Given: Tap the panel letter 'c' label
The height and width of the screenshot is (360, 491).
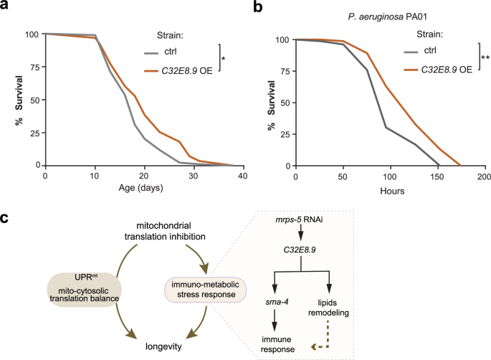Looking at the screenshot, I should point(6,214).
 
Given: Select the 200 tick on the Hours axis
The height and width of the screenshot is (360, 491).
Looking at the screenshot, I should point(484,176).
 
